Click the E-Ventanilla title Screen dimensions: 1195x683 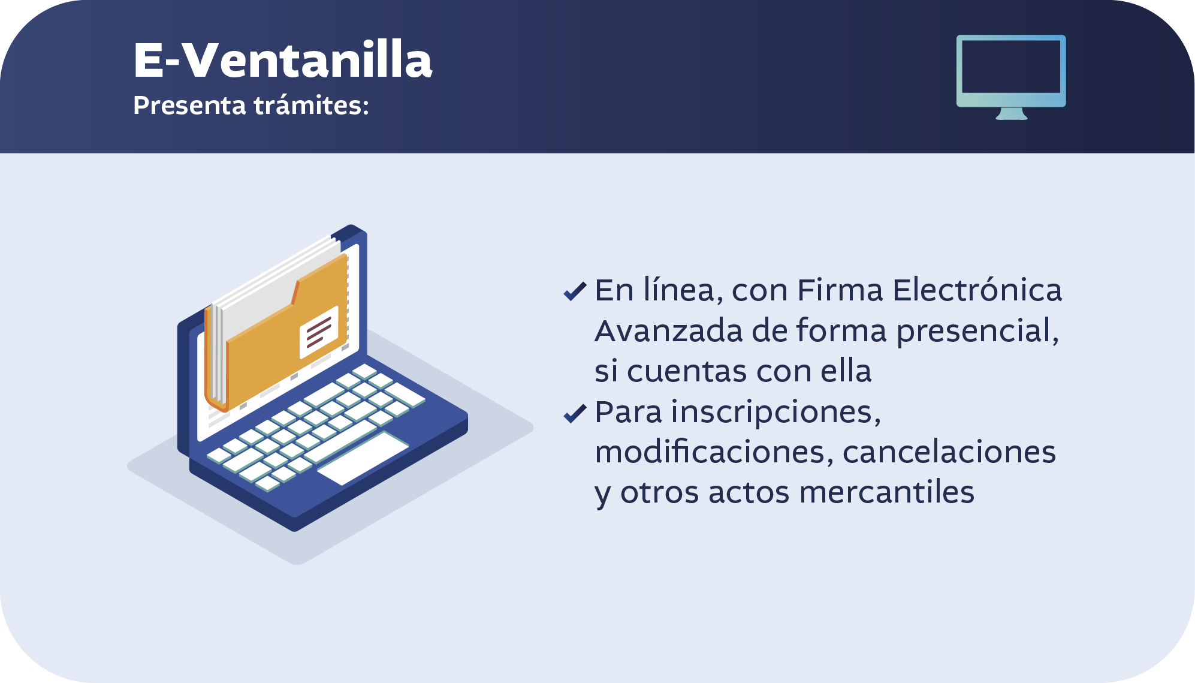point(282,60)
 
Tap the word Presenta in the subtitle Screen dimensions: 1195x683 point(189,106)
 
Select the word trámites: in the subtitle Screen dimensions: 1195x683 point(311,105)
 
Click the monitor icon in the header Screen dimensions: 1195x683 point(1011,77)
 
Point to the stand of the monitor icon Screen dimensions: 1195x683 point(1011,114)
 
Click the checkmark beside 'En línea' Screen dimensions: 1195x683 point(575,291)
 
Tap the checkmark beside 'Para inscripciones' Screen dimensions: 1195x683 point(575,413)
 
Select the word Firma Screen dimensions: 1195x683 point(840,290)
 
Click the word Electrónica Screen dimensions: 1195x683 point(977,290)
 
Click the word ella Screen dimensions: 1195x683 point(846,371)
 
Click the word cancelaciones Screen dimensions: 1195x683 point(949,452)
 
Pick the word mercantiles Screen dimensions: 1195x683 point(887,492)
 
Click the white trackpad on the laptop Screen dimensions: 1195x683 point(363,458)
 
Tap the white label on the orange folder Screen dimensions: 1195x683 point(319,332)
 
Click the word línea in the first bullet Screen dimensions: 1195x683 point(680,290)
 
